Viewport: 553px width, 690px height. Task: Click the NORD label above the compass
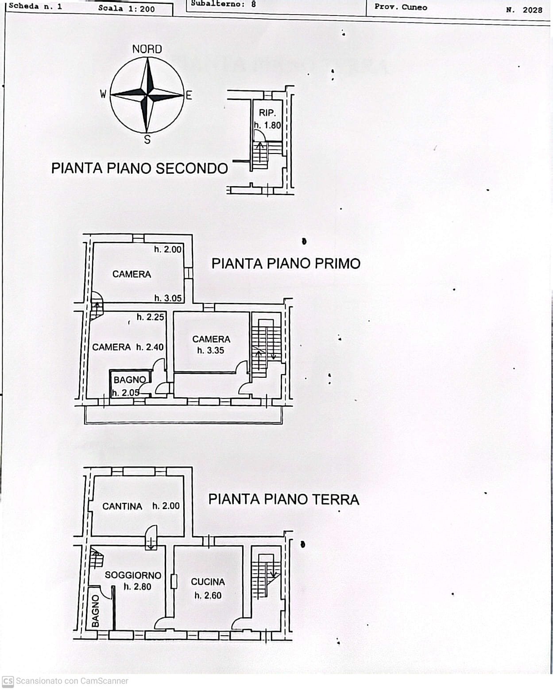pos(147,49)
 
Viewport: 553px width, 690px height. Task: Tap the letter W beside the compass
pos(103,94)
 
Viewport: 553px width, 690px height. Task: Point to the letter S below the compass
pos(147,140)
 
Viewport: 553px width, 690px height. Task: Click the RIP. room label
pos(267,113)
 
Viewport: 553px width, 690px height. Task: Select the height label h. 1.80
pos(267,125)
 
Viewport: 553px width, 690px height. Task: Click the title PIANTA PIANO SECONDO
pos(139,169)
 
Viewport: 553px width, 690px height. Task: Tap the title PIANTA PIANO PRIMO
pos(286,264)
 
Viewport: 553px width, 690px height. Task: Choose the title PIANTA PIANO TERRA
pos(283,499)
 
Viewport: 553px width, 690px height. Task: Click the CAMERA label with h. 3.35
pos(211,339)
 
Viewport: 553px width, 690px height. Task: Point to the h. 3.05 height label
pos(168,298)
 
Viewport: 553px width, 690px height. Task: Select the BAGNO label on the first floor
pos(129,380)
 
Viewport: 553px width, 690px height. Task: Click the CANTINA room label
pos(122,506)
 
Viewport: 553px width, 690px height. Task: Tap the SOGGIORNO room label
pos(133,575)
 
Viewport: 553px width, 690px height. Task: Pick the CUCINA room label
pos(208,582)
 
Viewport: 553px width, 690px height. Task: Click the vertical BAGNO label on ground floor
pos(95,611)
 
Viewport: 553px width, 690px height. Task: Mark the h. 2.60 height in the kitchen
pos(208,596)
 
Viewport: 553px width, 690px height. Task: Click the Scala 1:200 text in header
pos(127,8)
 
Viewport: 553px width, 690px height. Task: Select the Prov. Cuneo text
pos(401,7)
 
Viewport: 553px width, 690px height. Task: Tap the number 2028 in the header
pos(532,10)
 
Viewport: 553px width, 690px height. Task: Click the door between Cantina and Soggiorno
pos(151,537)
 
